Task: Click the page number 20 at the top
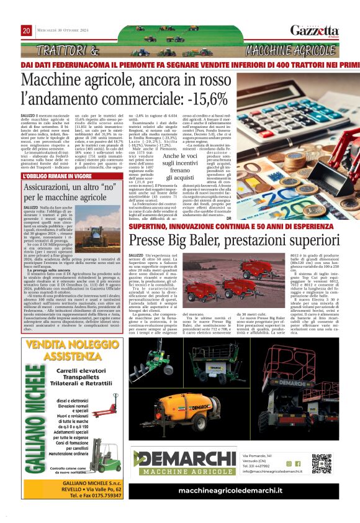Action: tap(27, 30)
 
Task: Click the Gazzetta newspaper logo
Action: tap(310, 30)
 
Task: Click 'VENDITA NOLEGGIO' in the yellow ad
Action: tap(68, 347)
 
